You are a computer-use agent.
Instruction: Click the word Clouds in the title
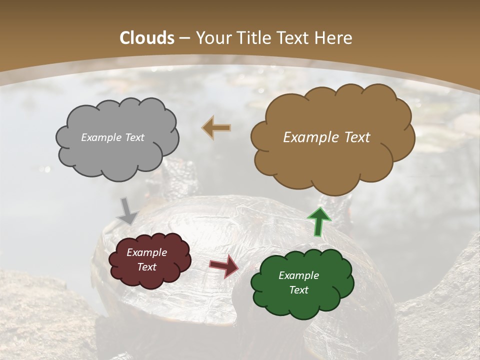point(147,38)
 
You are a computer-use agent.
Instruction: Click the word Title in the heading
point(253,38)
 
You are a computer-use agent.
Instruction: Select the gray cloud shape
point(116,155)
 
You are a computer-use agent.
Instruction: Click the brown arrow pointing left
point(216,128)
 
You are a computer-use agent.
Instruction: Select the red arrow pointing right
point(223,266)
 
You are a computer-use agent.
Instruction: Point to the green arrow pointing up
point(318,221)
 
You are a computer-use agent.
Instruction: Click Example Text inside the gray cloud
point(112,137)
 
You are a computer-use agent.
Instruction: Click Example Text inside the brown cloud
point(326,137)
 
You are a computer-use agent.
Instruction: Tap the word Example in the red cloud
point(146,252)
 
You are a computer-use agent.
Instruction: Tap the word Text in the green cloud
point(298,290)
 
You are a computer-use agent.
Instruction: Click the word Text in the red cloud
point(146,267)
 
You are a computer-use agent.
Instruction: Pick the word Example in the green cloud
point(298,275)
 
